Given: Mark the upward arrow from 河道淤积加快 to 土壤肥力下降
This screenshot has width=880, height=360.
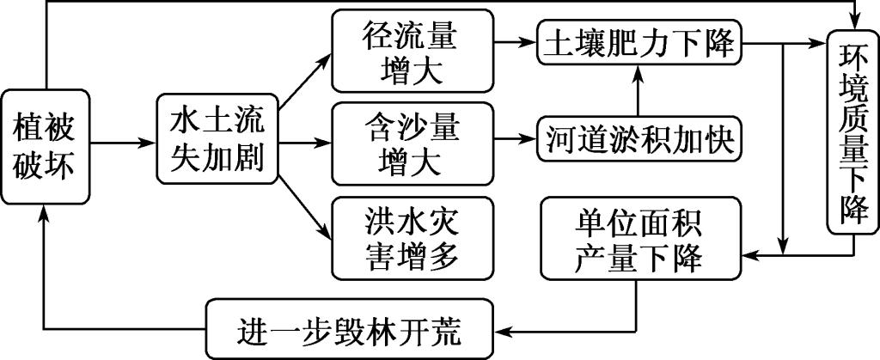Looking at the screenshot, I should coord(637,93).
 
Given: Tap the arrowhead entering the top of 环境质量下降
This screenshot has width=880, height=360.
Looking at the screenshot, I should coord(852,21).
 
